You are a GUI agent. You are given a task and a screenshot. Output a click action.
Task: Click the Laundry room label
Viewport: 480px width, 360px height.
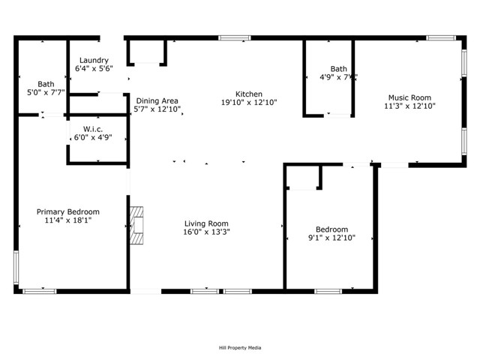tap(94, 60)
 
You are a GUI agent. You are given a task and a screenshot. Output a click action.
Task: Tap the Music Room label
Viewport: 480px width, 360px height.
tap(409, 97)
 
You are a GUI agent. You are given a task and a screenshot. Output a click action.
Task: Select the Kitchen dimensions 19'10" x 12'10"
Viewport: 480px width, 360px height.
tap(249, 103)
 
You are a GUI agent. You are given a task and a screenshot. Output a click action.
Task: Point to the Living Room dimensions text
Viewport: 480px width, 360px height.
tap(206, 232)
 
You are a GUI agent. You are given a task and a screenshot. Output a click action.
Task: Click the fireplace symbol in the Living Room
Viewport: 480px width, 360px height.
tap(136, 225)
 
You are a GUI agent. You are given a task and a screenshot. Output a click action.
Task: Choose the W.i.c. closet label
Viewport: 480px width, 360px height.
tap(93, 129)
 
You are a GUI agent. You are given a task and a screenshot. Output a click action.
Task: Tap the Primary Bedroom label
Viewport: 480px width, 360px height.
tap(68, 211)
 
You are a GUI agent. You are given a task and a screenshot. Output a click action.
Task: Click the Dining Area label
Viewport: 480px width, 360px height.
tap(157, 100)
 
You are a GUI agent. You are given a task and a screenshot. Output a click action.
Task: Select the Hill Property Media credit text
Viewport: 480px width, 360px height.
tap(240, 348)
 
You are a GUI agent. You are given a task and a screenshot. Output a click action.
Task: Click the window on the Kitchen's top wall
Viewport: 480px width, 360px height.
tap(235, 38)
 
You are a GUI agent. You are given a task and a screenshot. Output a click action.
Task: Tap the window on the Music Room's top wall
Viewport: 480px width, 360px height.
tap(441, 38)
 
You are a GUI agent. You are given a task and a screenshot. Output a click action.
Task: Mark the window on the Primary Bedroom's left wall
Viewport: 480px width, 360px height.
tap(16, 268)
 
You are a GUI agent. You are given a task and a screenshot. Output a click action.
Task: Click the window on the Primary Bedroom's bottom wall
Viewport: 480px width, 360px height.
tap(40, 292)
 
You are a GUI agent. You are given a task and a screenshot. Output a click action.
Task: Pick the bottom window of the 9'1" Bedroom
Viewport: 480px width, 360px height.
tap(328, 292)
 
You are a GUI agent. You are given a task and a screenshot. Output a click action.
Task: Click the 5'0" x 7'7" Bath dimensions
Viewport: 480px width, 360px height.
tap(46, 92)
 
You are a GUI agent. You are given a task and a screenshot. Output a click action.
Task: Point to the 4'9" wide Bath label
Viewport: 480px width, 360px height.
tap(338, 69)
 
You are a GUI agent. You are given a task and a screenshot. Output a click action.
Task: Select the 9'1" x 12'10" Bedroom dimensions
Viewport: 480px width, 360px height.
tap(331, 238)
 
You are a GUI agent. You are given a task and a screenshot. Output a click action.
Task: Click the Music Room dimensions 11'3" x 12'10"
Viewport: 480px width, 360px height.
tap(409, 106)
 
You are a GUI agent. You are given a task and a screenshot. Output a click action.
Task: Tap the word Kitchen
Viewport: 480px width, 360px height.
tap(249, 94)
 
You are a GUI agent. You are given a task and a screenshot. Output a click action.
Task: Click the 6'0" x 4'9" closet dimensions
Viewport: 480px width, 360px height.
tap(93, 137)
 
